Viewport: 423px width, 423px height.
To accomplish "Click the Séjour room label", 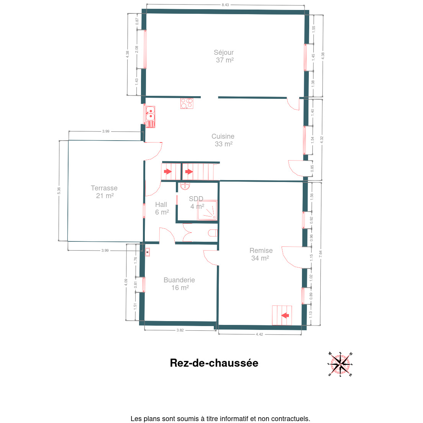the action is click(x=224, y=56).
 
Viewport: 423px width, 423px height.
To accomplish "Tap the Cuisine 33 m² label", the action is click(x=223, y=140).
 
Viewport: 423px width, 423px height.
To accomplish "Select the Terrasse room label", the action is click(x=104, y=192).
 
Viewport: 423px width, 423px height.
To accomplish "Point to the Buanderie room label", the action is click(x=179, y=284).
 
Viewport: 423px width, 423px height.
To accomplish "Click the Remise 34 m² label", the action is click(x=261, y=254).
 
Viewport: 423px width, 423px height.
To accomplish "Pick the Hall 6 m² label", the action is click(x=162, y=208).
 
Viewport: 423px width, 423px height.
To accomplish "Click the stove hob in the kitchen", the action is click(x=187, y=103).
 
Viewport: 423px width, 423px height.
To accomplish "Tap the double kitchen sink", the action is click(x=150, y=117).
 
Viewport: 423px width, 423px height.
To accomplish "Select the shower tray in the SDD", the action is click(x=207, y=210).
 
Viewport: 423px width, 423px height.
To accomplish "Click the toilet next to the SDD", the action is click(x=213, y=233).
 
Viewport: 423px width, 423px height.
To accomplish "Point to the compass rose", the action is click(x=340, y=364).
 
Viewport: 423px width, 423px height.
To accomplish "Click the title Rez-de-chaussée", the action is click(x=214, y=363).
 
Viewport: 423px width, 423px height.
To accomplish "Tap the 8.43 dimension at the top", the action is click(x=225, y=5).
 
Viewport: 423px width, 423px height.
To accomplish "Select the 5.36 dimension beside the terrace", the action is click(x=59, y=191).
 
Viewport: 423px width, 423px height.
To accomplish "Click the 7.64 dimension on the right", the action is click(x=320, y=254).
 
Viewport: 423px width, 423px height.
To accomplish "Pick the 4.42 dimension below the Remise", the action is click(x=259, y=334).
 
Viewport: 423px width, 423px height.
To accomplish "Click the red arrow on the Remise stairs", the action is click(x=285, y=315).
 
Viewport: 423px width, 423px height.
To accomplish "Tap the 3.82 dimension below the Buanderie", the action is click(x=180, y=330).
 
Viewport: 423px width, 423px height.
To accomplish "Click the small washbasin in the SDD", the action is click(x=185, y=186).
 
